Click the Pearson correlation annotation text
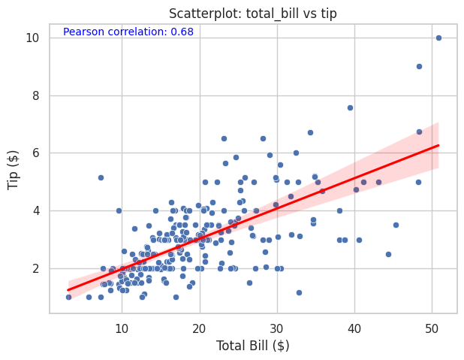pos(128,32)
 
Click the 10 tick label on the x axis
pos(122,328)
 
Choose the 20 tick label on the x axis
pos(199,328)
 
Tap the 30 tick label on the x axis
pos(277,328)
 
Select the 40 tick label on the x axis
pos(354,328)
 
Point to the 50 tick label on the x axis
pos(432,328)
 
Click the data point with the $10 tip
pos(438,38)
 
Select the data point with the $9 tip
pos(419,66)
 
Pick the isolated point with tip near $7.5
pos(350,107)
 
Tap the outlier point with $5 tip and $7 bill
pos(101,177)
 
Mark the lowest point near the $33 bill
pos(299,292)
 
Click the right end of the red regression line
pos(438,145)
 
